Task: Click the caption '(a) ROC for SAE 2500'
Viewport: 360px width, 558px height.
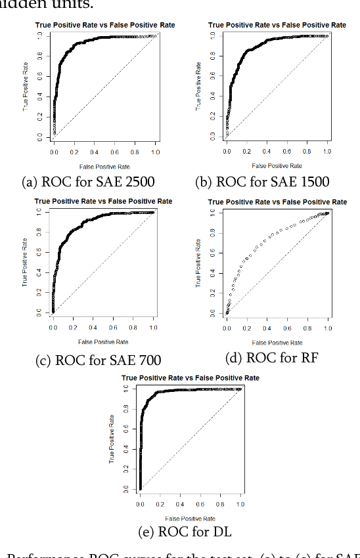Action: point(97,182)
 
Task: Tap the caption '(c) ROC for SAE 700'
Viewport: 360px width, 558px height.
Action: point(98,360)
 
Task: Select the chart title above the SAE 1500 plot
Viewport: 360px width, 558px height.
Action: point(277,25)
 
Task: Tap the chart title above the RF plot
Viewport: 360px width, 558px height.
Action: point(277,202)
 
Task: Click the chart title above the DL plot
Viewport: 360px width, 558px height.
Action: point(191,377)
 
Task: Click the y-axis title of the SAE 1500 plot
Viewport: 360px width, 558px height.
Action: point(198,86)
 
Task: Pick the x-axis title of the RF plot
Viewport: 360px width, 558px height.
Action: point(277,342)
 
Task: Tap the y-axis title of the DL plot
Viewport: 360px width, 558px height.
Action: point(112,439)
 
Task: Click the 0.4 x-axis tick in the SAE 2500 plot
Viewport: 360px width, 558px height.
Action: point(95,152)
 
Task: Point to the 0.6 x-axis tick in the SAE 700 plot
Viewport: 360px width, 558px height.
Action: point(114,328)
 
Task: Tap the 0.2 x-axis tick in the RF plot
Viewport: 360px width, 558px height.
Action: point(247,328)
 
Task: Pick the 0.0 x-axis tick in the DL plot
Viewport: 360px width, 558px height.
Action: point(140,504)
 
